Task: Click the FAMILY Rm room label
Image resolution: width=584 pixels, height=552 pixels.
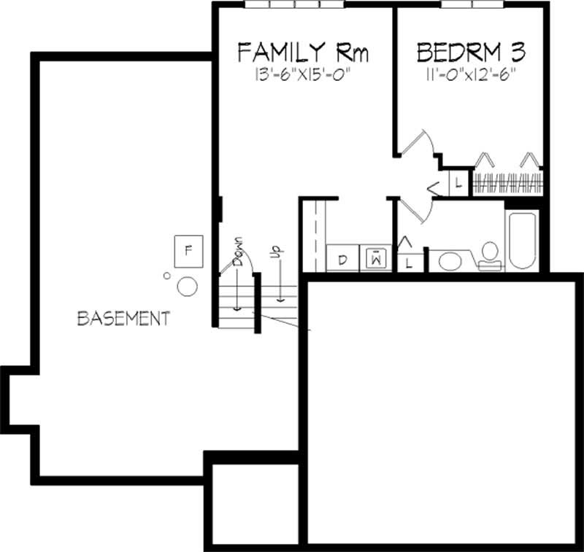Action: coord(303,53)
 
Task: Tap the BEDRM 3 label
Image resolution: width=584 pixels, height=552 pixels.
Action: coord(471,53)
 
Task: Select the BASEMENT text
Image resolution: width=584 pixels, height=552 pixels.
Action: coord(123,319)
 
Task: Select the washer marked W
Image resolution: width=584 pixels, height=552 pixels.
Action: coord(376,259)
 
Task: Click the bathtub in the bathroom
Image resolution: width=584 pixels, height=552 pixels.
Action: coord(523,241)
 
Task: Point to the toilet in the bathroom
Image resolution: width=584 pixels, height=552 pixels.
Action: coord(489,254)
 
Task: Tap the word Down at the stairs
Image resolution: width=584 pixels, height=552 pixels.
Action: coord(238,252)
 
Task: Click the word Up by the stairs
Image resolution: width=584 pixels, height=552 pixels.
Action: coord(275,252)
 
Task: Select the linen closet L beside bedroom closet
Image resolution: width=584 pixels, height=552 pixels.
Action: coord(457,183)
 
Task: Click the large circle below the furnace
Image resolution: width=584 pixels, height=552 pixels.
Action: coord(188,287)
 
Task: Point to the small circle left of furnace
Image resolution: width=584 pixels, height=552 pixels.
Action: coord(167,276)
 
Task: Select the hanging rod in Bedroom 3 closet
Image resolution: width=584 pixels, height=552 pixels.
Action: coord(507,182)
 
